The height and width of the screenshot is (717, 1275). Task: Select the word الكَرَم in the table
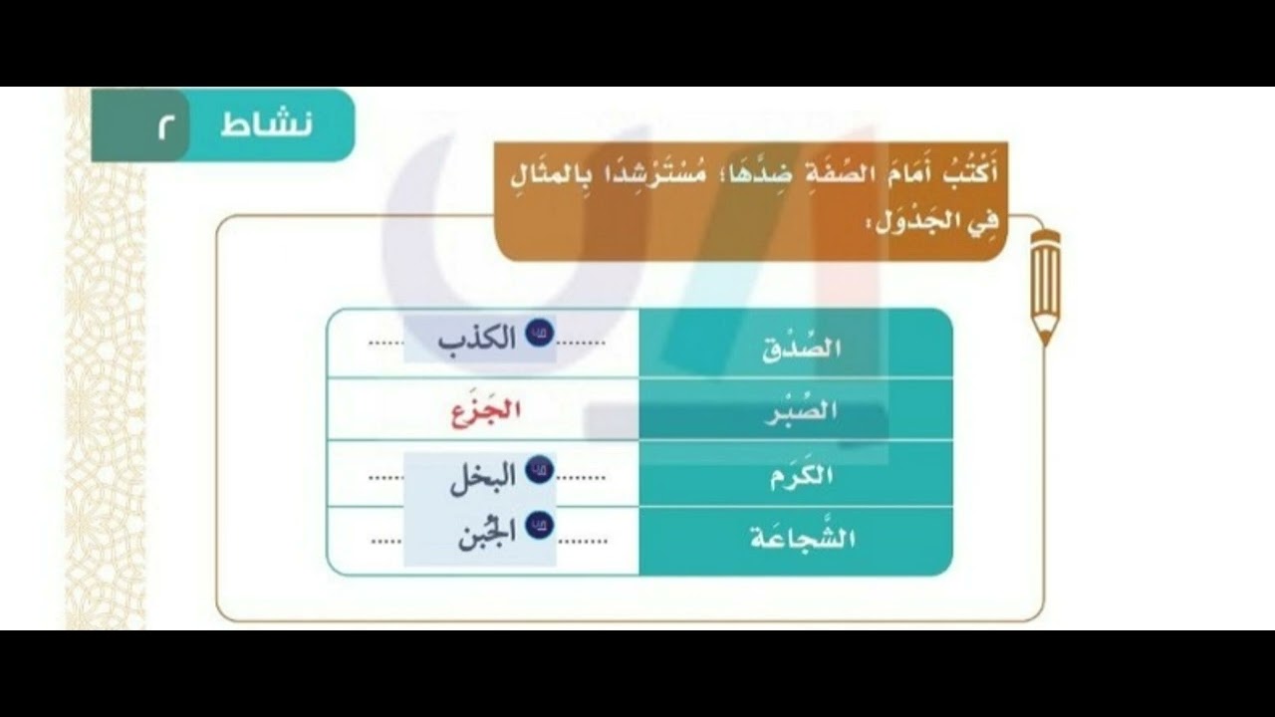pyautogui.click(x=801, y=476)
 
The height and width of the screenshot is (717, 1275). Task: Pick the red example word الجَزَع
pyautogui.click(x=486, y=412)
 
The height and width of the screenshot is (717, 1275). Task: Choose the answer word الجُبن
pyautogui.click(x=486, y=538)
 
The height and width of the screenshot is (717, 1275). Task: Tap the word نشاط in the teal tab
pyautogui.click(x=266, y=125)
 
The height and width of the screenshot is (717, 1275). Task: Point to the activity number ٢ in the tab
pyautogui.click(x=163, y=126)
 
